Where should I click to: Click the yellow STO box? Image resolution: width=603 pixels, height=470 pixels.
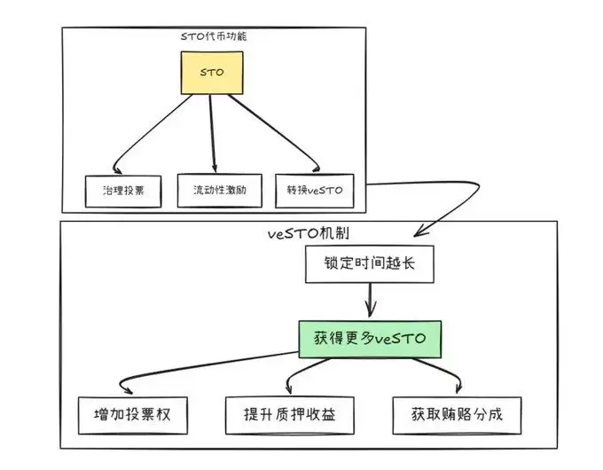coord(212,74)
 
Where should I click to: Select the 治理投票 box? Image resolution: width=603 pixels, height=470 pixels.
coord(123,191)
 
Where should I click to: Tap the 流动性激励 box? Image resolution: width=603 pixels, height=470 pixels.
coord(219,191)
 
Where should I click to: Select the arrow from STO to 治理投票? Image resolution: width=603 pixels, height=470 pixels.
coord(151,133)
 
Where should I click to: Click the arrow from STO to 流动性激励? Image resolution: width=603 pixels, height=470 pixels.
coord(213,133)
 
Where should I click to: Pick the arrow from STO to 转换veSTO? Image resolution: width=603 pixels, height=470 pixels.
coord(275,133)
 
